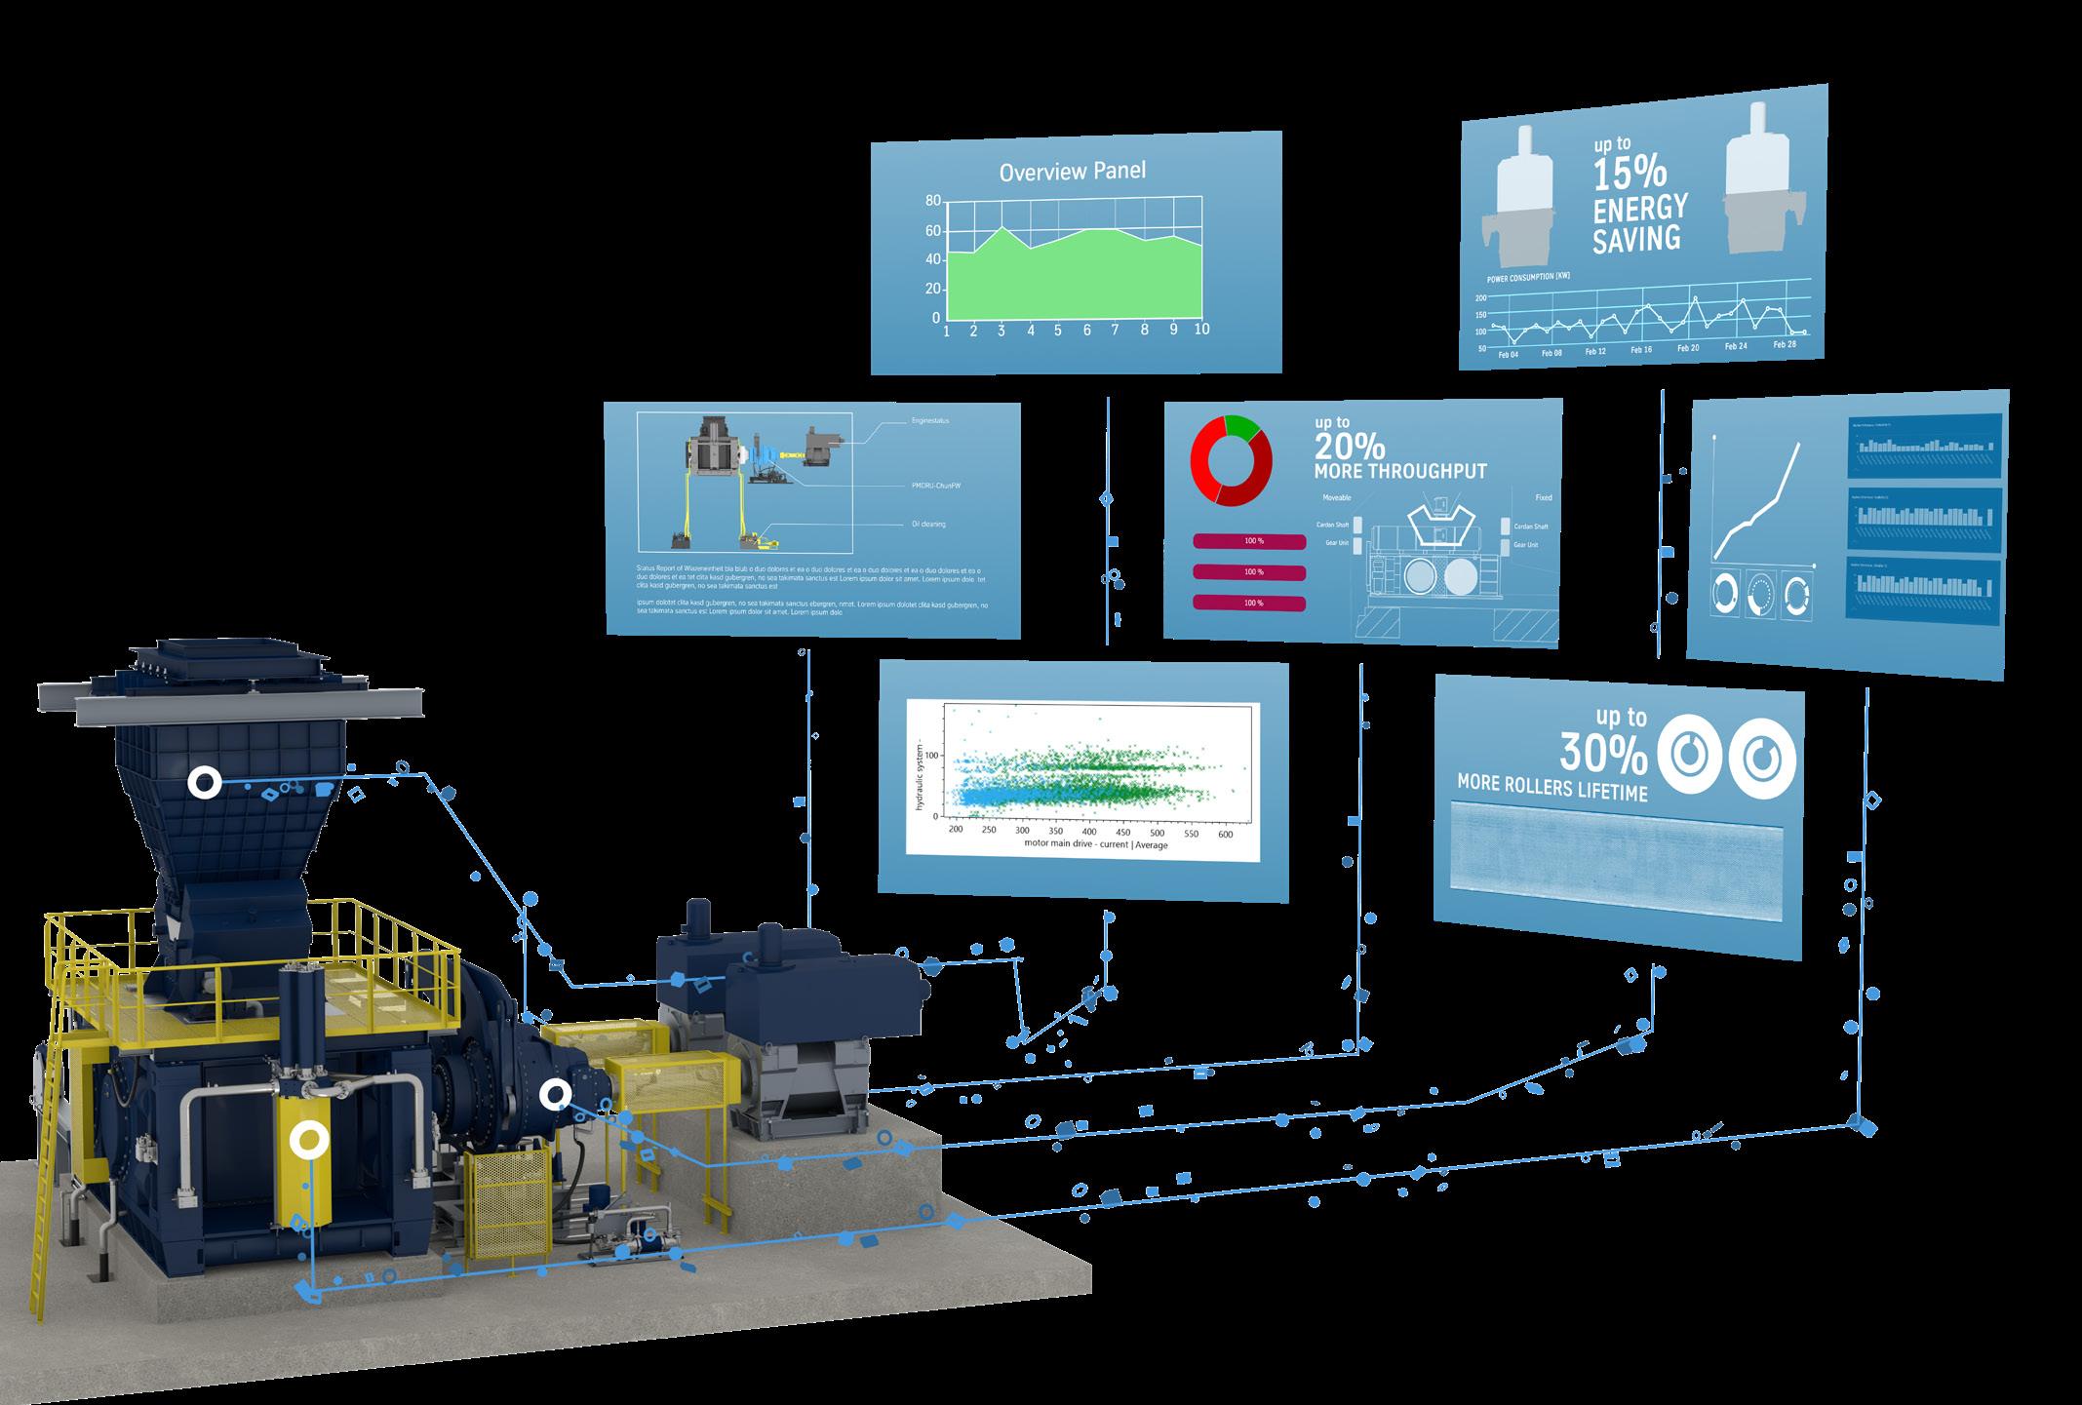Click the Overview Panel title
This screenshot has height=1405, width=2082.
[1073, 173]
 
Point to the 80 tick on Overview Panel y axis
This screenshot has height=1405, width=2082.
[933, 201]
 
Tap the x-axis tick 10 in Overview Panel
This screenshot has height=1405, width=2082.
[1201, 329]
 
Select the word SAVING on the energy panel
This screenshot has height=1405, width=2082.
[1636, 239]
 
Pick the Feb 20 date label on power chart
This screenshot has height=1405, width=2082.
[1687, 348]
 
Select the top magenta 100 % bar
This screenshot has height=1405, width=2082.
[1249, 540]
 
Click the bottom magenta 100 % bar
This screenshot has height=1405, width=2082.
[1249, 604]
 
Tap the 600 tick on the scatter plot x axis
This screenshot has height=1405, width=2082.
[1226, 835]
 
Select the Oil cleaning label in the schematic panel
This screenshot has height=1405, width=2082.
[928, 525]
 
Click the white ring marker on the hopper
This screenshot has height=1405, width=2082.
[205, 782]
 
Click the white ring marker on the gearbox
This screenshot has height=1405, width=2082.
[556, 1095]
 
